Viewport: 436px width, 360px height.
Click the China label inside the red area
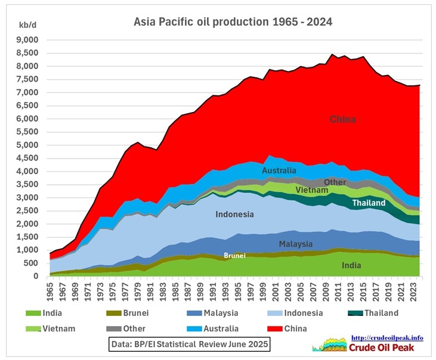tap(343, 119)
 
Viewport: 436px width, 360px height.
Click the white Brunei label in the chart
tap(234, 255)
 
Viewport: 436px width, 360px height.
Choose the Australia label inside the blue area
tap(280, 171)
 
